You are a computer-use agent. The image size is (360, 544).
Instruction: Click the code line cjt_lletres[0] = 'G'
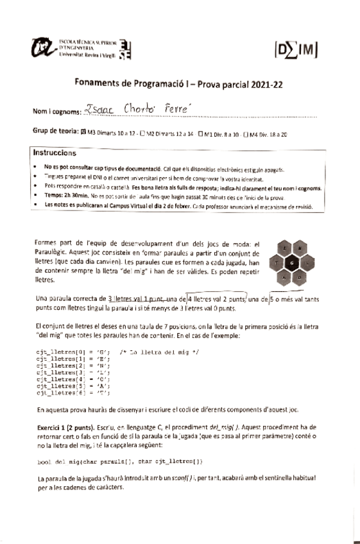pyautogui.click(x=71, y=352)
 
